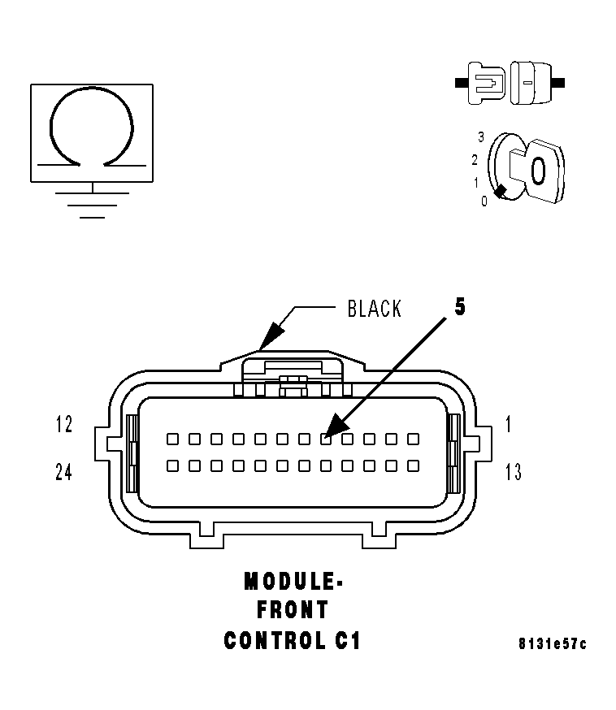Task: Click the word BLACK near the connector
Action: (x=374, y=310)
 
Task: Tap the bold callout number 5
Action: (x=459, y=307)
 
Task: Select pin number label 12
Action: (x=64, y=424)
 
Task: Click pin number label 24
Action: (x=64, y=472)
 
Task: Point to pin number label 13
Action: (x=513, y=472)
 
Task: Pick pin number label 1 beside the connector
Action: (x=508, y=424)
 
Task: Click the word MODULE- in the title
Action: (x=293, y=582)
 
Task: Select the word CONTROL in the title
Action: (x=272, y=641)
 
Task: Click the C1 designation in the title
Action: (x=347, y=641)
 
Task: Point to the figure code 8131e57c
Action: (x=552, y=644)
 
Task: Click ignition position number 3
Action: (x=481, y=136)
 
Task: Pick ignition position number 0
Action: (x=484, y=201)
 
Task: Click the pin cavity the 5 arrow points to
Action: (x=325, y=439)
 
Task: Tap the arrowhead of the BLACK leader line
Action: (x=266, y=342)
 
